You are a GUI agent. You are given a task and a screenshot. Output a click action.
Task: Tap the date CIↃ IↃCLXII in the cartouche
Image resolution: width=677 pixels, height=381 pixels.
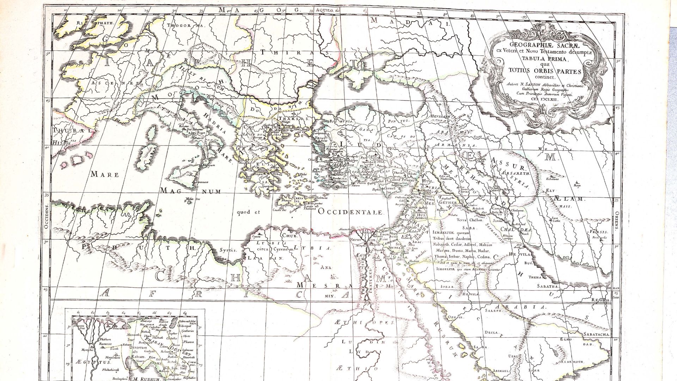(x=544, y=100)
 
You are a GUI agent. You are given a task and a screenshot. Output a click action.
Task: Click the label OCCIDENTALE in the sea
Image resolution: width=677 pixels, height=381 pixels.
(x=350, y=212)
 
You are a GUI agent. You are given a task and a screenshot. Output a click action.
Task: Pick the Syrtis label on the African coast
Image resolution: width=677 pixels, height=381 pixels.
(x=228, y=250)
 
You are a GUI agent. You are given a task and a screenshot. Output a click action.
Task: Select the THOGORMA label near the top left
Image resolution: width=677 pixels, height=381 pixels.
(x=185, y=26)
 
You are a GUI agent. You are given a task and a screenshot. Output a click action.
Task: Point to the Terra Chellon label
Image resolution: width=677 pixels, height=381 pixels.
(x=469, y=220)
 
